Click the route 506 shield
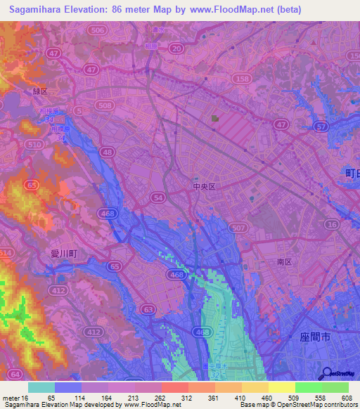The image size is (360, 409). tap(98, 31)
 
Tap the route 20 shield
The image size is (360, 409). tap(176, 48)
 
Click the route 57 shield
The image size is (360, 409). tap(322, 126)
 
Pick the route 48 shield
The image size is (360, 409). tap(106, 151)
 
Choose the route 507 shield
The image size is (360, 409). tap(238, 228)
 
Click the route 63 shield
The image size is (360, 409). tap(148, 308)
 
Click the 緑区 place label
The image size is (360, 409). tap(39, 91)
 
